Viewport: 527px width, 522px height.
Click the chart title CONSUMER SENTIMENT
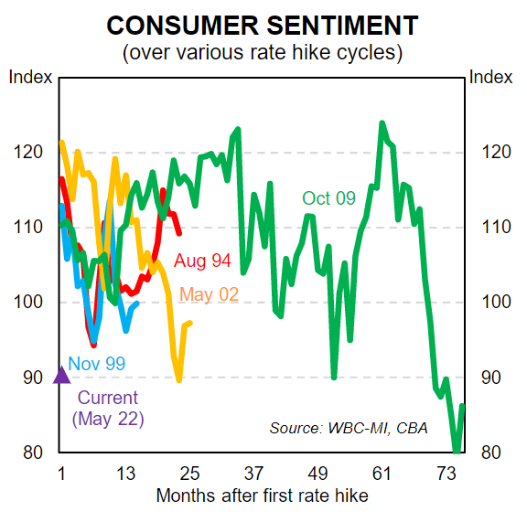tap(263, 25)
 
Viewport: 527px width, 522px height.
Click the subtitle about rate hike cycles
tap(263, 52)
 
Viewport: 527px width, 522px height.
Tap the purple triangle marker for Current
tap(61, 374)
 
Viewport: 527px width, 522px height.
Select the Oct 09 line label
tap(328, 198)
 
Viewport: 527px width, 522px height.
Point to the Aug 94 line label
tap(202, 261)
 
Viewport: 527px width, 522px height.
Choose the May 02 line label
tap(210, 294)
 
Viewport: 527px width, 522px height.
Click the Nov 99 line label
tap(96, 364)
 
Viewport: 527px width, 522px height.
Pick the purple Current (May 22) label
tap(108, 408)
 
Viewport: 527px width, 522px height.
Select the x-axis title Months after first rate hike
tap(263, 496)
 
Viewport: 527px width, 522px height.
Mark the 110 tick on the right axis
tap(492, 228)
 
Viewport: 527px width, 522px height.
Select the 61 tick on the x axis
tap(382, 474)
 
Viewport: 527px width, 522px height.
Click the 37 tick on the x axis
tap(253, 474)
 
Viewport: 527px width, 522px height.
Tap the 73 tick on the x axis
tap(446, 474)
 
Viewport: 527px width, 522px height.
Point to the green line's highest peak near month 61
tap(382, 123)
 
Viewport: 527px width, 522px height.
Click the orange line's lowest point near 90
tap(179, 379)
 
